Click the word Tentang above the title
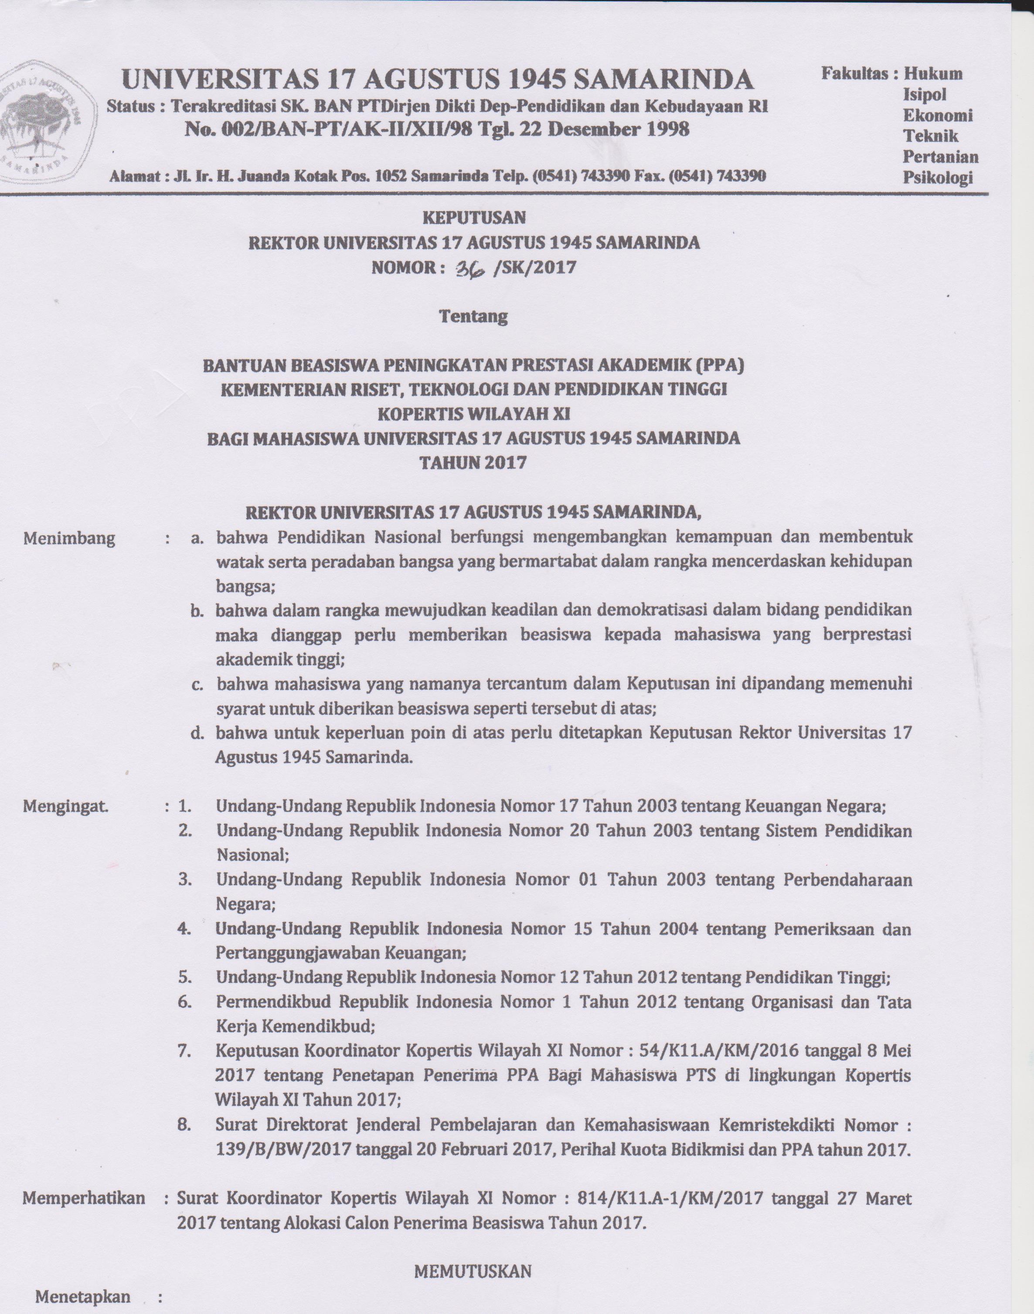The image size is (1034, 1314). [x=473, y=316]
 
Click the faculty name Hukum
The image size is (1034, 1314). [x=933, y=75]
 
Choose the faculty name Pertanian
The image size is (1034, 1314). [x=940, y=157]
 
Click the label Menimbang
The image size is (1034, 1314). [x=69, y=538]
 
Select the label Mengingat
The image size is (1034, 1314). [x=65, y=806]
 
